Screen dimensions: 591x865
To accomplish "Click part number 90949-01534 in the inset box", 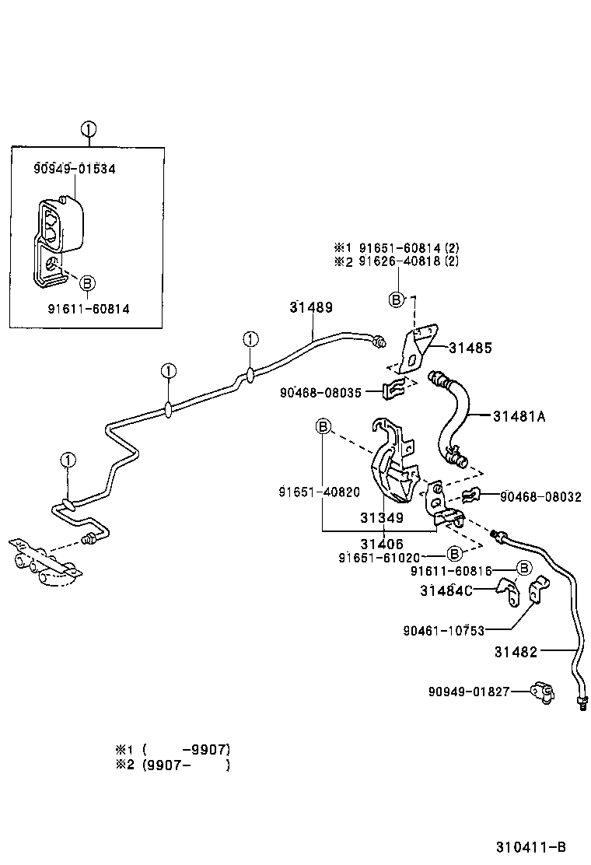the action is click(x=75, y=169).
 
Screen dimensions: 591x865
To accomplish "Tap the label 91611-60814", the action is click(x=89, y=309).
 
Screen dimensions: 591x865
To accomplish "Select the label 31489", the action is click(x=311, y=307).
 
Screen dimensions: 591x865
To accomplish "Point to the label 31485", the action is click(x=470, y=348).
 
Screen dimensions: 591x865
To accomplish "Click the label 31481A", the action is click(x=519, y=416).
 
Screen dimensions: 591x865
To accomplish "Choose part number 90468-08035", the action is click(x=320, y=393).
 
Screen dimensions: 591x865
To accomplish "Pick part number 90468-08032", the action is click(x=540, y=497).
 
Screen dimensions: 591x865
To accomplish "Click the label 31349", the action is click(x=382, y=517).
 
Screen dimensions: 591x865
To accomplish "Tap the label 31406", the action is click(x=382, y=544).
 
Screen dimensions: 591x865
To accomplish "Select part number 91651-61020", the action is click(x=379, y=558).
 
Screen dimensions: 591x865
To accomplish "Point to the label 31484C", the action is click(x=446, y=591).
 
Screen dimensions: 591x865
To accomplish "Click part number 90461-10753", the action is click(x=444, y=631).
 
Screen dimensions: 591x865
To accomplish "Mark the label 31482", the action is click(x=516, y=652).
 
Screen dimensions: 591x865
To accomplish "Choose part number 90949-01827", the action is click(x=469, y=692).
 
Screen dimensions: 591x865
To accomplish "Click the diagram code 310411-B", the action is click(x=531, y=847).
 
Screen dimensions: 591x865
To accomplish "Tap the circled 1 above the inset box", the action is click(x=88, y=130).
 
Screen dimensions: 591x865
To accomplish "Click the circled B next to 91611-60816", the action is click(x=524, y=568).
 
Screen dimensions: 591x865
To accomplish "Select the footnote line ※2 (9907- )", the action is click(x=173, y=765).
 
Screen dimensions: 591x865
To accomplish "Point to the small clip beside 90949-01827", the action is click(x=543, y=692).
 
